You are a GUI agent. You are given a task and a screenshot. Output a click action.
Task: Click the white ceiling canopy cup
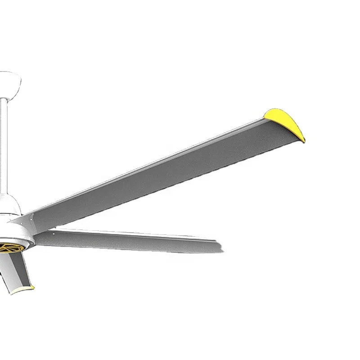tap(9, 83)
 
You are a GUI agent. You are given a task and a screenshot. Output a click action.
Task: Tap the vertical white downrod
tap(4, 148)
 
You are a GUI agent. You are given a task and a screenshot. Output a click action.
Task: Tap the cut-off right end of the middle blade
tap(220, 247)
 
